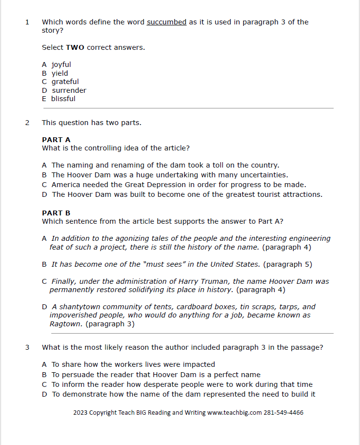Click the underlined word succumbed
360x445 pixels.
[167, 22]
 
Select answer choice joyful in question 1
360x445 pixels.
[61, 64]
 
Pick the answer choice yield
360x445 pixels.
[60, 73]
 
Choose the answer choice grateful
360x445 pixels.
[65, 82]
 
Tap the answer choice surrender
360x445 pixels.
[69, 90]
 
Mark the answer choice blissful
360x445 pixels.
[63, 99]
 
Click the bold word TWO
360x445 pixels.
[75, 47]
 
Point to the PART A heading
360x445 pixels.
[56, 140]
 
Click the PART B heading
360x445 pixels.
[56, 213]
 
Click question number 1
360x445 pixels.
[27, 22]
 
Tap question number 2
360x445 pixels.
[27, 123]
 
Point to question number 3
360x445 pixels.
[27, 348]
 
